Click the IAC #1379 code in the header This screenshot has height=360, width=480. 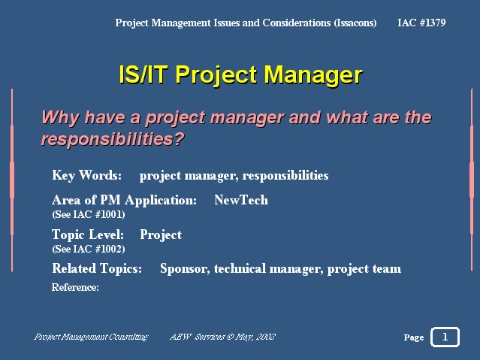(421, 23)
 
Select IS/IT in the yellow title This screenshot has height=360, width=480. (143, 74)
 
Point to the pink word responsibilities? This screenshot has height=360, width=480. (113, 139)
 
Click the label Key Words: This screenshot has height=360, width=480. (86, 175)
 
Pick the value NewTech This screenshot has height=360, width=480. (241, 200)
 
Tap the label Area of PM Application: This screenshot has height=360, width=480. (124, 201)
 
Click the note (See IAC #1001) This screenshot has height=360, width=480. (89, 214)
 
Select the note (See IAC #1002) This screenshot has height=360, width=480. (89, 249)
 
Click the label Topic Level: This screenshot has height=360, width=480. (88, 234)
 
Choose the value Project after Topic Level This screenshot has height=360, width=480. (161, 235)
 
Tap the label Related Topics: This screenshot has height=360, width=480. (97, 268)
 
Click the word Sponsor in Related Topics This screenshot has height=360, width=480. (185, 269)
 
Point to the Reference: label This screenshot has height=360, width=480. (75, 287)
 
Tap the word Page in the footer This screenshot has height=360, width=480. (414, 337)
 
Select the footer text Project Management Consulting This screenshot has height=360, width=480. (91, 337)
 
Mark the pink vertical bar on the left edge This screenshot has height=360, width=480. (12, 180)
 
